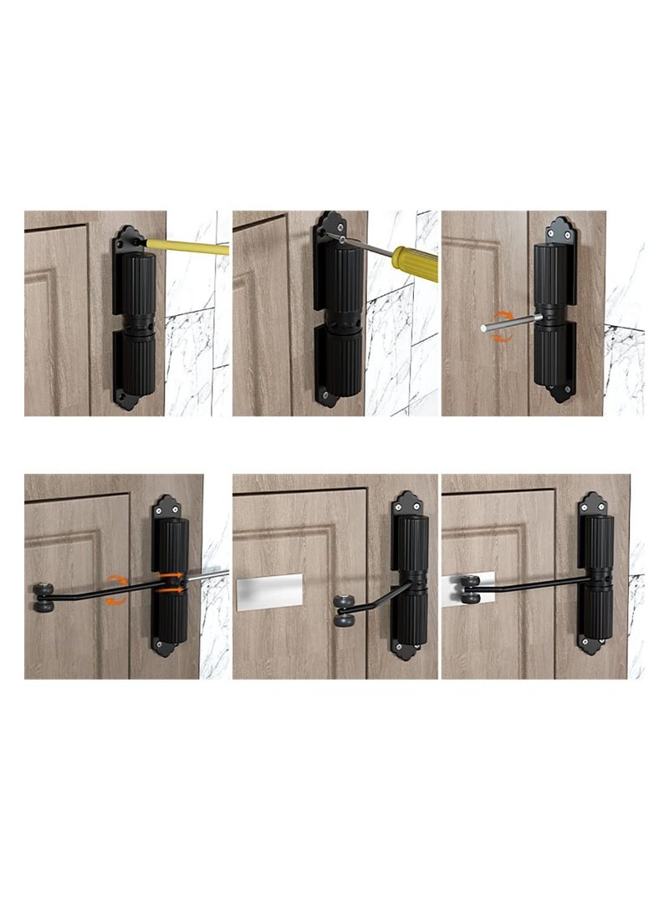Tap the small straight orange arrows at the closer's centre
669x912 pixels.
click(172, 582)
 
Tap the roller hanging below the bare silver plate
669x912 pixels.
click(345, 611)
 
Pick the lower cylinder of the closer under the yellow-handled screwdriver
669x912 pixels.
click(341, 361)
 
